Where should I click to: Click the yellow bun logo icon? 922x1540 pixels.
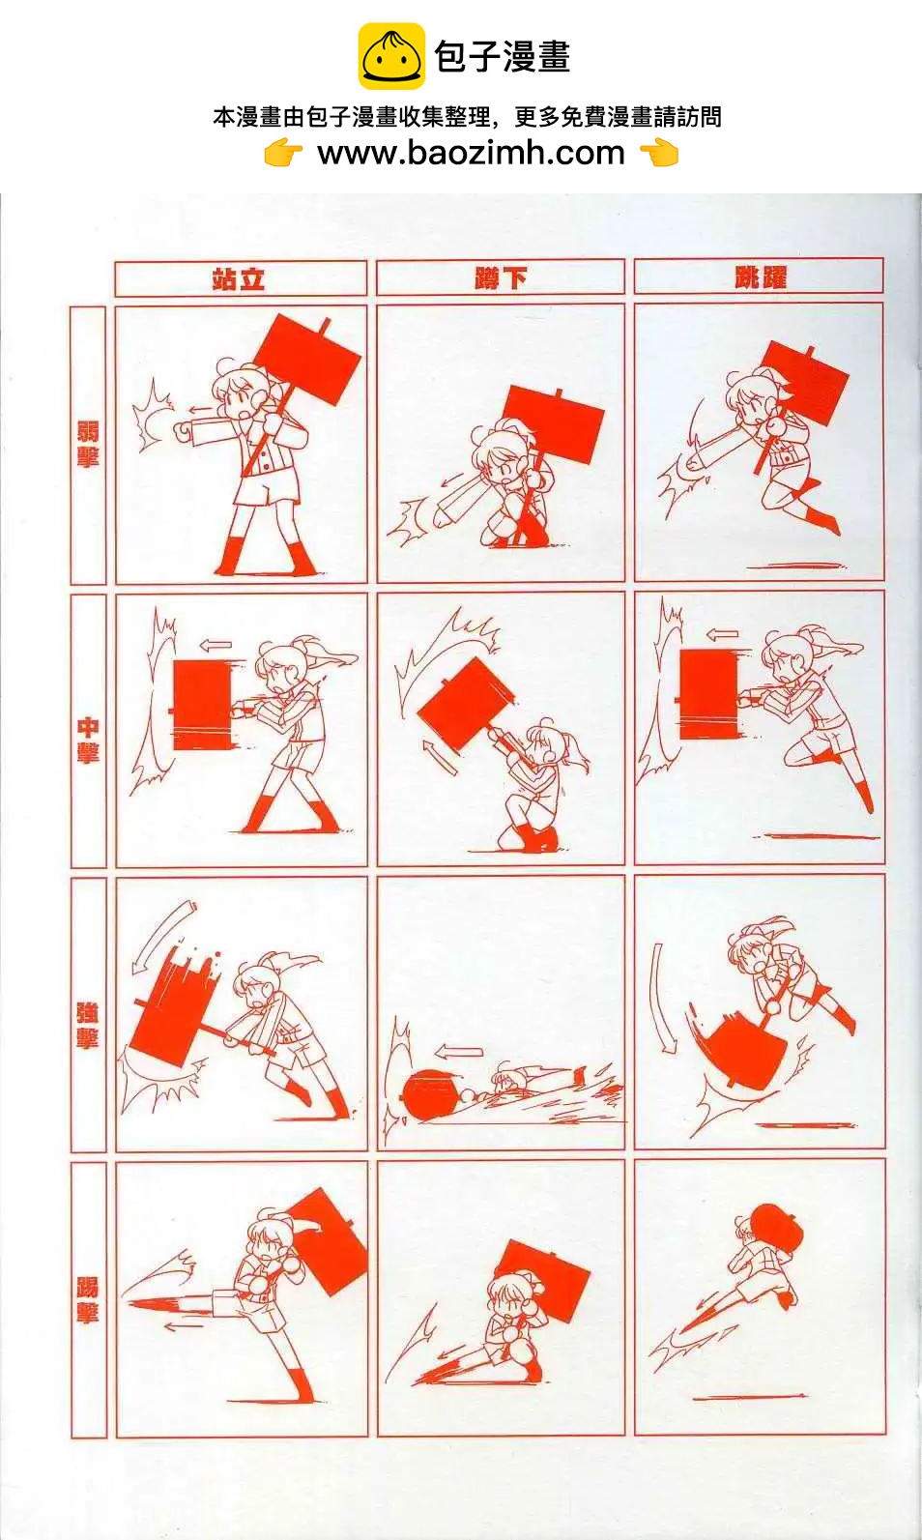click(391, 56)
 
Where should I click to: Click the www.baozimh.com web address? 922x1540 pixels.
click(471, 153)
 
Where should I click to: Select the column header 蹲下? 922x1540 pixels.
click(500, 278)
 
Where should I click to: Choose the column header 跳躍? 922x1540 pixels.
click(760, 277)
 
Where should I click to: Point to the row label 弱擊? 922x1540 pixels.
click(87, 444)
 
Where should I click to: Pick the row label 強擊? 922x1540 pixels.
click(87, 1025)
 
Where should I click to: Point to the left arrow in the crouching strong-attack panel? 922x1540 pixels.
click(458, 1052)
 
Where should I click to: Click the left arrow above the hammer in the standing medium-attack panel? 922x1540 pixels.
click(216, 646)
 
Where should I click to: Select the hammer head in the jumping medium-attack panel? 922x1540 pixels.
click(708, 694)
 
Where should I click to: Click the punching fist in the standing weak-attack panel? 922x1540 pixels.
click(183, 431)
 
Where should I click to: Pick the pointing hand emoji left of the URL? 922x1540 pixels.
click(283, 153)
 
